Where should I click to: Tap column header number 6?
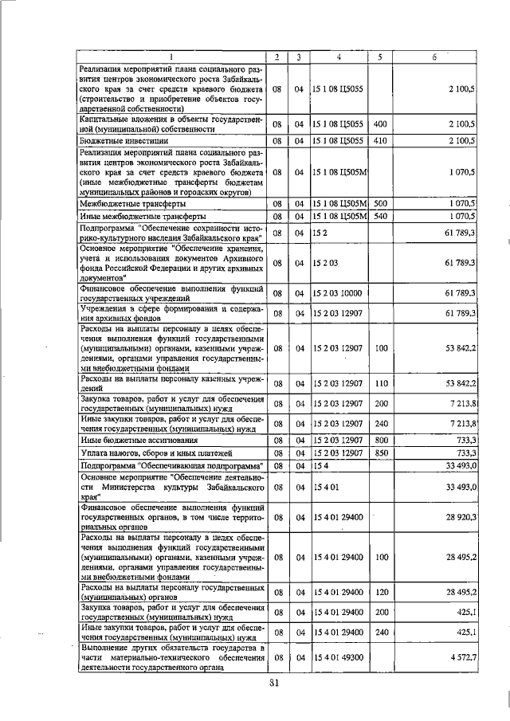(434, 57)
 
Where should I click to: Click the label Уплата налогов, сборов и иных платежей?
(147, 452)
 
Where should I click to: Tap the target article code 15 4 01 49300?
(338, 657)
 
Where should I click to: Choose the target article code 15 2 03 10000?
(338, 294)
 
